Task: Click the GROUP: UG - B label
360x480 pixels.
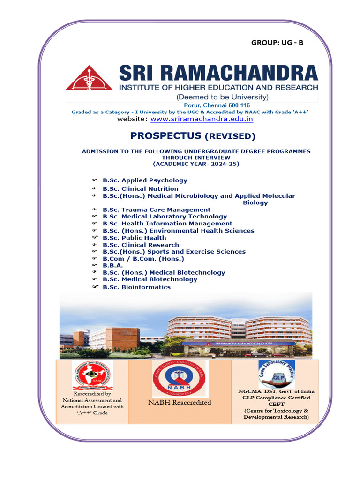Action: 277,43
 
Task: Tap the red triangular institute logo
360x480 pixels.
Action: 89,78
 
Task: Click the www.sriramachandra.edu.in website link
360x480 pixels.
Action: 202,119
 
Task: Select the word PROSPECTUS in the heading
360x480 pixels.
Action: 159,136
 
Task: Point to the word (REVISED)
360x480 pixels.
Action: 229,136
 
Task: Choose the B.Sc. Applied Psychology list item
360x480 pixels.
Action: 145,180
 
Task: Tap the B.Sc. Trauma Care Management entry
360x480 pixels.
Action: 157,210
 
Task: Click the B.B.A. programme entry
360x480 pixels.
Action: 113,265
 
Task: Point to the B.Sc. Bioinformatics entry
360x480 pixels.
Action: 136,287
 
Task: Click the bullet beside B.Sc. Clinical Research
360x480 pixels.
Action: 94,245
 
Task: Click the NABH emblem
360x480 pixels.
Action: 180,379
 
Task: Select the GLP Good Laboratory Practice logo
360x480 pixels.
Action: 277,374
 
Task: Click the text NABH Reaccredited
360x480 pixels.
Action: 180,402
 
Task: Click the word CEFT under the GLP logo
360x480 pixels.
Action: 276,405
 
